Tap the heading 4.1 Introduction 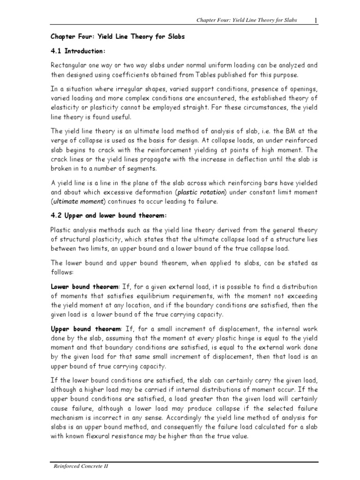point(77,50)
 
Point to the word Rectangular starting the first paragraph point(69,66)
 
